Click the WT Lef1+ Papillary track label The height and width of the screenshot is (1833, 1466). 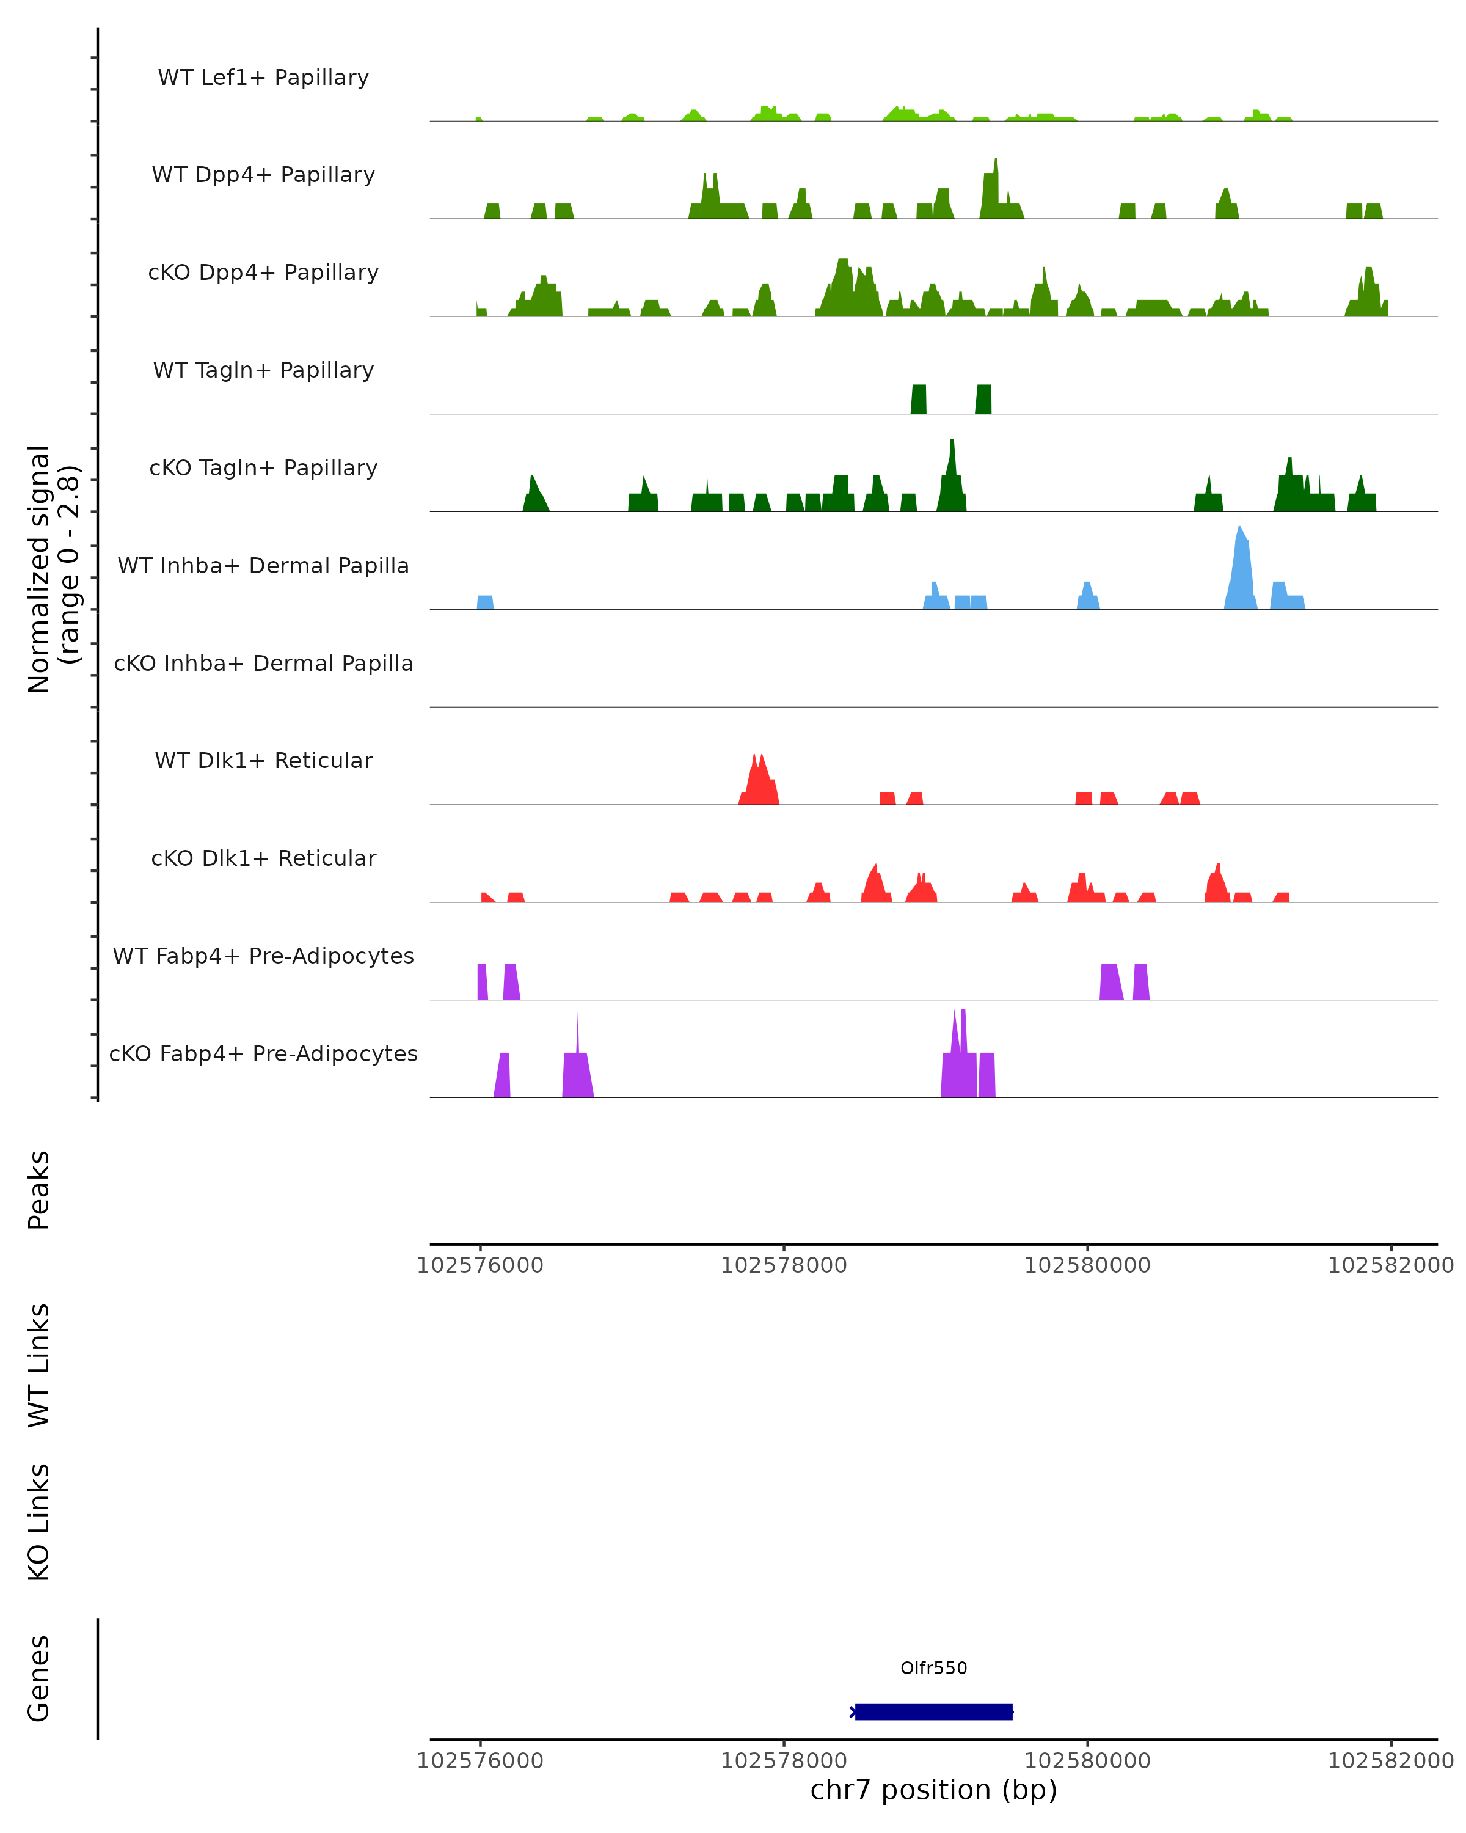263,78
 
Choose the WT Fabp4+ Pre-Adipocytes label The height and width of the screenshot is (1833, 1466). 263,956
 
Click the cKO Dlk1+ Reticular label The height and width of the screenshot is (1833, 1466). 263,858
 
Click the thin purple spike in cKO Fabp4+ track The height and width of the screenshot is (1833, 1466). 578,1033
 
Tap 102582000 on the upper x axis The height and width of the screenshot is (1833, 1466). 1390,1265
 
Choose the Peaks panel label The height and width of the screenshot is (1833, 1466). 39,1190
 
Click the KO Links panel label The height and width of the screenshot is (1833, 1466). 39,1522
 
